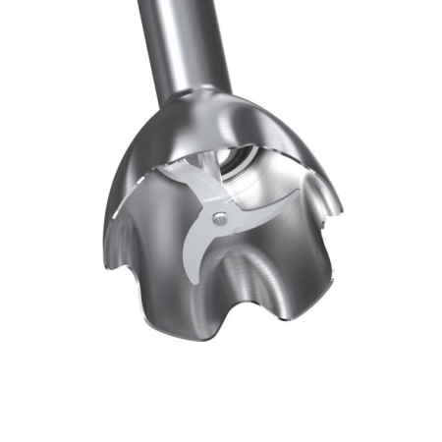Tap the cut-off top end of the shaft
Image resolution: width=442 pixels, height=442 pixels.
pyautogui.click(x=188, y=4)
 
